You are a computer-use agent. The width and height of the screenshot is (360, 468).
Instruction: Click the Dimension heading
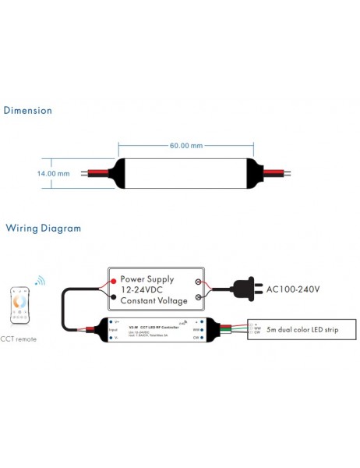(28, 111)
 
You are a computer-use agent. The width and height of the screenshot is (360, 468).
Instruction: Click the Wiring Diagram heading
(44, 229)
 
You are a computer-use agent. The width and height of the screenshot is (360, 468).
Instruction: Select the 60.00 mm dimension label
(185, 145)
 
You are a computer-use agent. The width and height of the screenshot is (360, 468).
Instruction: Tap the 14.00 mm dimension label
(53, 173)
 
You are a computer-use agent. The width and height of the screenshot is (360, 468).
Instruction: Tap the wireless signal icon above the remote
(39, 280)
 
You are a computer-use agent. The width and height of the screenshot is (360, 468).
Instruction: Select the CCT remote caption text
(19, 339)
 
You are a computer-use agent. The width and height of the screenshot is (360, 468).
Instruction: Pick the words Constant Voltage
(154, 300)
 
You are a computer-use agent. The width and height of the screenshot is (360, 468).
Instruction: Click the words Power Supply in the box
(147, 278)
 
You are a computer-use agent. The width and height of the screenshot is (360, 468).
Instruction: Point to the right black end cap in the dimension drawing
(255, 173)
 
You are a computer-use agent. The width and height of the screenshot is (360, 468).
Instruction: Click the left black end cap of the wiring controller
(102, 330)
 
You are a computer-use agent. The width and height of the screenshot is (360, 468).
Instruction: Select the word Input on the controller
(115, 330)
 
